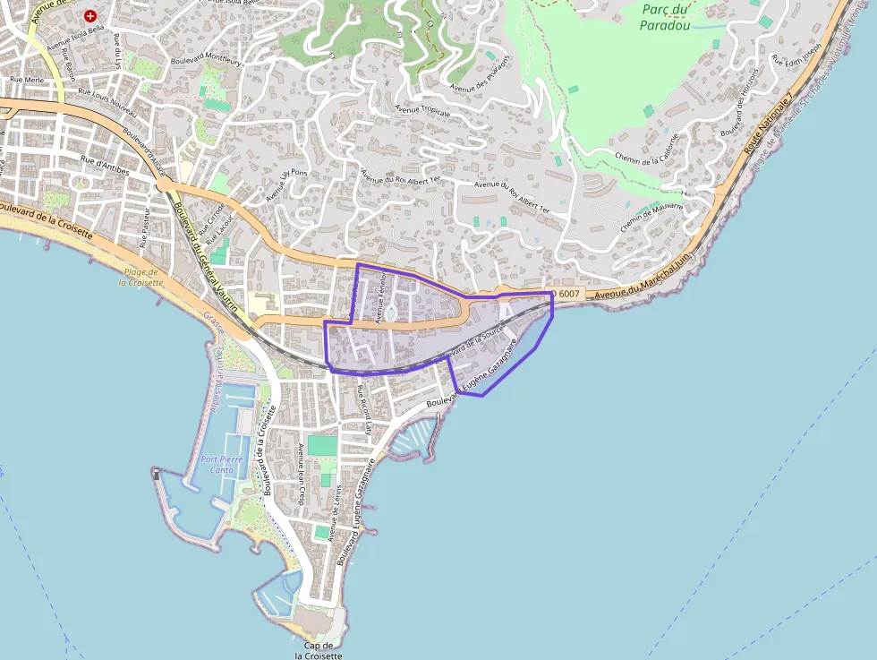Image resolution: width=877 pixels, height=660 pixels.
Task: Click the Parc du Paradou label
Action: click(x=663, y=17)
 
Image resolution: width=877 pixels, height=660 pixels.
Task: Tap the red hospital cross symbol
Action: click(x=90, y=16)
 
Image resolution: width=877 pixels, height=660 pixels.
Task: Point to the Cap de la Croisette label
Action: click(x=319, y=650)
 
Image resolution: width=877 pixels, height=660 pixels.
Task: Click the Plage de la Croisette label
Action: click(x=143, y=277)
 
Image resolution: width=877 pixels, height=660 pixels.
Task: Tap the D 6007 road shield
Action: click(x=566, y=294)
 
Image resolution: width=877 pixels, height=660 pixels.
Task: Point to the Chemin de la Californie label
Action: click(x=647, y=150)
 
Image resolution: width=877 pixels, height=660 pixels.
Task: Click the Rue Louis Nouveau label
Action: click(x=108, y=98)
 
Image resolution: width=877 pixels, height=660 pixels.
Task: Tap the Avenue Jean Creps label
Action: click(x=302, y=475)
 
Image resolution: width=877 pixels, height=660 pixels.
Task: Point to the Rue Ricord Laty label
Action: click(x=364, y=408)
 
